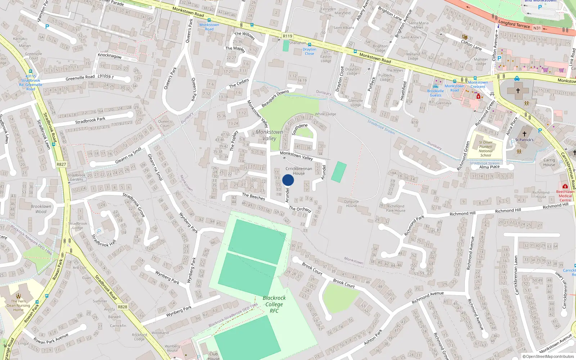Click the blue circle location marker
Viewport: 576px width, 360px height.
pyautogui.click(x=288, y=180)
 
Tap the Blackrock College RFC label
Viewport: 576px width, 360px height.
pyautogui.click(x=274, y=304)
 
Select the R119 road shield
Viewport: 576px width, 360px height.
pyautogui.click(x=287, y=36)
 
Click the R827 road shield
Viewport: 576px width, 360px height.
pyautogui.click(x=61, y=164)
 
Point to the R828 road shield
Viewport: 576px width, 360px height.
pyautogui.click(x=122, y=307)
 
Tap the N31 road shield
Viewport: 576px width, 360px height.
pyautogui.click(x=537, y=28)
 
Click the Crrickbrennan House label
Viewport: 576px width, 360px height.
pyautogui.click(x=299, y=171)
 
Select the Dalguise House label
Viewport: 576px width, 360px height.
pyautogui.click(x=351, y=203)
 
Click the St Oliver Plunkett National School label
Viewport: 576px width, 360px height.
pyautogui.click(x=486, y=149)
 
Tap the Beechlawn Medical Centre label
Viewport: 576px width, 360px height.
pyautogui.click(x=565, y=196)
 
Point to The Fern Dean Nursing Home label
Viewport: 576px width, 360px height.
pyautogui.click(x=18, y=305)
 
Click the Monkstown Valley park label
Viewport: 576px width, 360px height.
pyautogui.click(x=269, y=135)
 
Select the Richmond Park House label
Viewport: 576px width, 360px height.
pyautogui.click(x=396, y=208)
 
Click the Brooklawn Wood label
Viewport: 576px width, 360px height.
pyautogui.click(x=41, y=209)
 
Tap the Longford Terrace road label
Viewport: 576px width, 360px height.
pyautogui.click(x=514, y=24)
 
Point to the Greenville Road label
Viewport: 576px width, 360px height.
pyautogui.click(x=80, y=78)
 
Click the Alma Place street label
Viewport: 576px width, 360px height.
pyautogui.click(x=489, y=167)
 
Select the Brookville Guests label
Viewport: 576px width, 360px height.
pyautogui.click(x=435, y=93)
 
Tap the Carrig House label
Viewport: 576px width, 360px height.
pyautogui.click(x=549, y=162)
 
